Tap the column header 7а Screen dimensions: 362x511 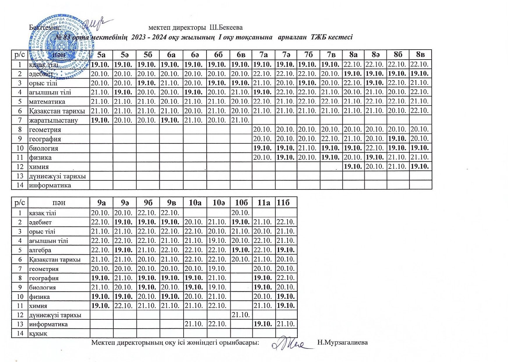pos(264,55)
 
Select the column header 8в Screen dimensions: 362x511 pos(420,55)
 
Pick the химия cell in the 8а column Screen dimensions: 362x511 pos(353,167)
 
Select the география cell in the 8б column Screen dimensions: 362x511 pos(398,139)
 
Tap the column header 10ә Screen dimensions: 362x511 pos(218,203)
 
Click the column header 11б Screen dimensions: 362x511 pos(286,203)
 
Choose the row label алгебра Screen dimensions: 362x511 pos(40,250)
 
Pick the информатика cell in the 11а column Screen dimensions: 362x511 pos(263,324)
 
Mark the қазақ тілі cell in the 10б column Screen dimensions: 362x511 pos(241,213)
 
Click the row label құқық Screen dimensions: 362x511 pos(38,333)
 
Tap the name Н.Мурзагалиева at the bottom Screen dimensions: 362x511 pos(343,342)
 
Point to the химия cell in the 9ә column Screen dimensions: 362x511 pos(124,306)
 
